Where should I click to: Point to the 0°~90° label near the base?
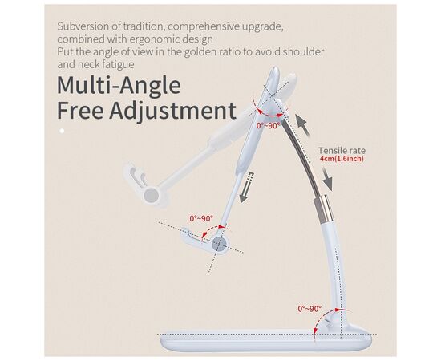pos(310,308)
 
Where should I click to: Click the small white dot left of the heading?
pos(61,129)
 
